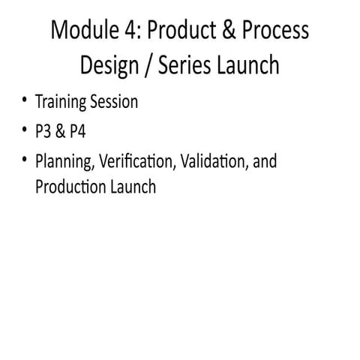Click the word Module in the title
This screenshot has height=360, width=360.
(85, 30)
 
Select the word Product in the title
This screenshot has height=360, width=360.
(181, 30)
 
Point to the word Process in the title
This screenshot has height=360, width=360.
(275, 30)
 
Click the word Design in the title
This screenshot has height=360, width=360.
(109, 66)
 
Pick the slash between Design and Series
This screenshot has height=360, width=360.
(148, 66)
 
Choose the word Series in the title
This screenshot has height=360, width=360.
(184, 65)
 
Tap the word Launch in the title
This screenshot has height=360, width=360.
(247, 65)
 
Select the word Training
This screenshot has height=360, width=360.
(61, 102)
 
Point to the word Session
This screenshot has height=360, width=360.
(114, 101)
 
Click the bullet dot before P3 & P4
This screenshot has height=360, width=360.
(24, 130)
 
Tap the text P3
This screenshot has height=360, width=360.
(43, 131)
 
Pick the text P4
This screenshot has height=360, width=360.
(78, 131)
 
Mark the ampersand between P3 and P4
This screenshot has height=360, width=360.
(61, 131)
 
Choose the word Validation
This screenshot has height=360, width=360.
(215, 161)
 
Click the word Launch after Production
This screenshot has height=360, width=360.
(133, 186)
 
